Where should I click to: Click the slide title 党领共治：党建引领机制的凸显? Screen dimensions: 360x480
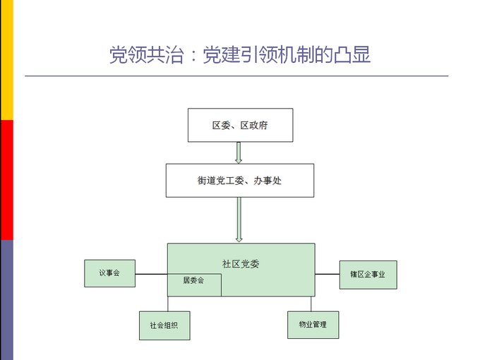240,55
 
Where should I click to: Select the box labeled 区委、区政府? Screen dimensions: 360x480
240,125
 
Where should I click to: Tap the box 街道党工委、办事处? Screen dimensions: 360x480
240,181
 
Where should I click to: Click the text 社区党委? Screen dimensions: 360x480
241,264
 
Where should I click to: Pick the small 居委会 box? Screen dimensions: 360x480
194,281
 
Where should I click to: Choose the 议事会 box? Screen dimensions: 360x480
109,273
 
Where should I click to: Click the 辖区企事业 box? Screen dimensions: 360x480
368,275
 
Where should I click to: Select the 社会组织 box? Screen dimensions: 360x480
164,325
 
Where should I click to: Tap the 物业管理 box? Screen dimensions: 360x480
313,325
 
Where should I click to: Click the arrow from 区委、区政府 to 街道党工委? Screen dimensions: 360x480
239,152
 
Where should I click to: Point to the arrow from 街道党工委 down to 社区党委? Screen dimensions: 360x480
239,220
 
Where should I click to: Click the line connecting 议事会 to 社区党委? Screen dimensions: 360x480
151,274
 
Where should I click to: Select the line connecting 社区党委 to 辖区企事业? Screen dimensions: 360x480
327,274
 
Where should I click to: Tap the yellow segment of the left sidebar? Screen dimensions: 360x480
6,60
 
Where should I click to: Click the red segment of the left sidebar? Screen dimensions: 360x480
6,180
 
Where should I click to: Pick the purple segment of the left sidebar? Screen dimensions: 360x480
6,300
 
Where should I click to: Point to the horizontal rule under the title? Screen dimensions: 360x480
236,76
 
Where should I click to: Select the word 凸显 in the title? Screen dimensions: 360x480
355,55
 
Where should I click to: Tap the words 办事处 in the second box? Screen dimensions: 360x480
277,181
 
